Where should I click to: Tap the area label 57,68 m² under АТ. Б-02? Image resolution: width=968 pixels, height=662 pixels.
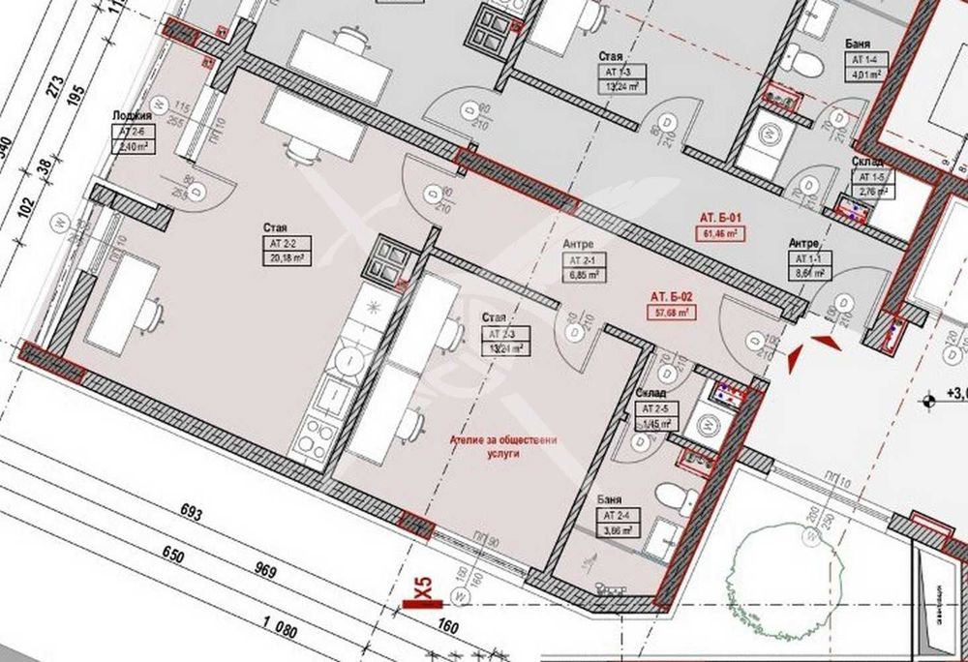670,313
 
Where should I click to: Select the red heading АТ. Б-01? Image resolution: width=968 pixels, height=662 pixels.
721,218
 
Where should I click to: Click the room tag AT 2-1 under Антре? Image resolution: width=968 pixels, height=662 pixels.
584,261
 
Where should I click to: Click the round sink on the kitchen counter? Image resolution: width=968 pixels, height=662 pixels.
347,361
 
